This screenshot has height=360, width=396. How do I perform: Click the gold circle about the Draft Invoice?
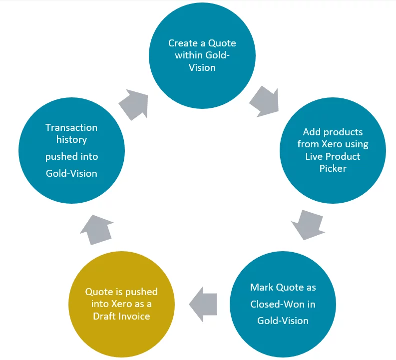coord(121,304)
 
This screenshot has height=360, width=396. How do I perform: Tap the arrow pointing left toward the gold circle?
coord(203,304)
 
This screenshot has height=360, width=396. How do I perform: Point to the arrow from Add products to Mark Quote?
coord(308,225)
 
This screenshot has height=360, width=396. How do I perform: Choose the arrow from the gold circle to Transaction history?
coord(97,230)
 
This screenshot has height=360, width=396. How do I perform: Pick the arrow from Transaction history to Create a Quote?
coord(134,104)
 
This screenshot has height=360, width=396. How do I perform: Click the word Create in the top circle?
coord(183,43)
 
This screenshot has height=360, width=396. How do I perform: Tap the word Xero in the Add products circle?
coord(332,144)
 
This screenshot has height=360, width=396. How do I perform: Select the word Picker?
coord(333,168)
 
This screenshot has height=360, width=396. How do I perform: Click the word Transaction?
coord(71,127)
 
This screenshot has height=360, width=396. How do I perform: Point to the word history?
coord(71,140)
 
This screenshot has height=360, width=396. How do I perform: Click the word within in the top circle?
coord(189,55)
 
